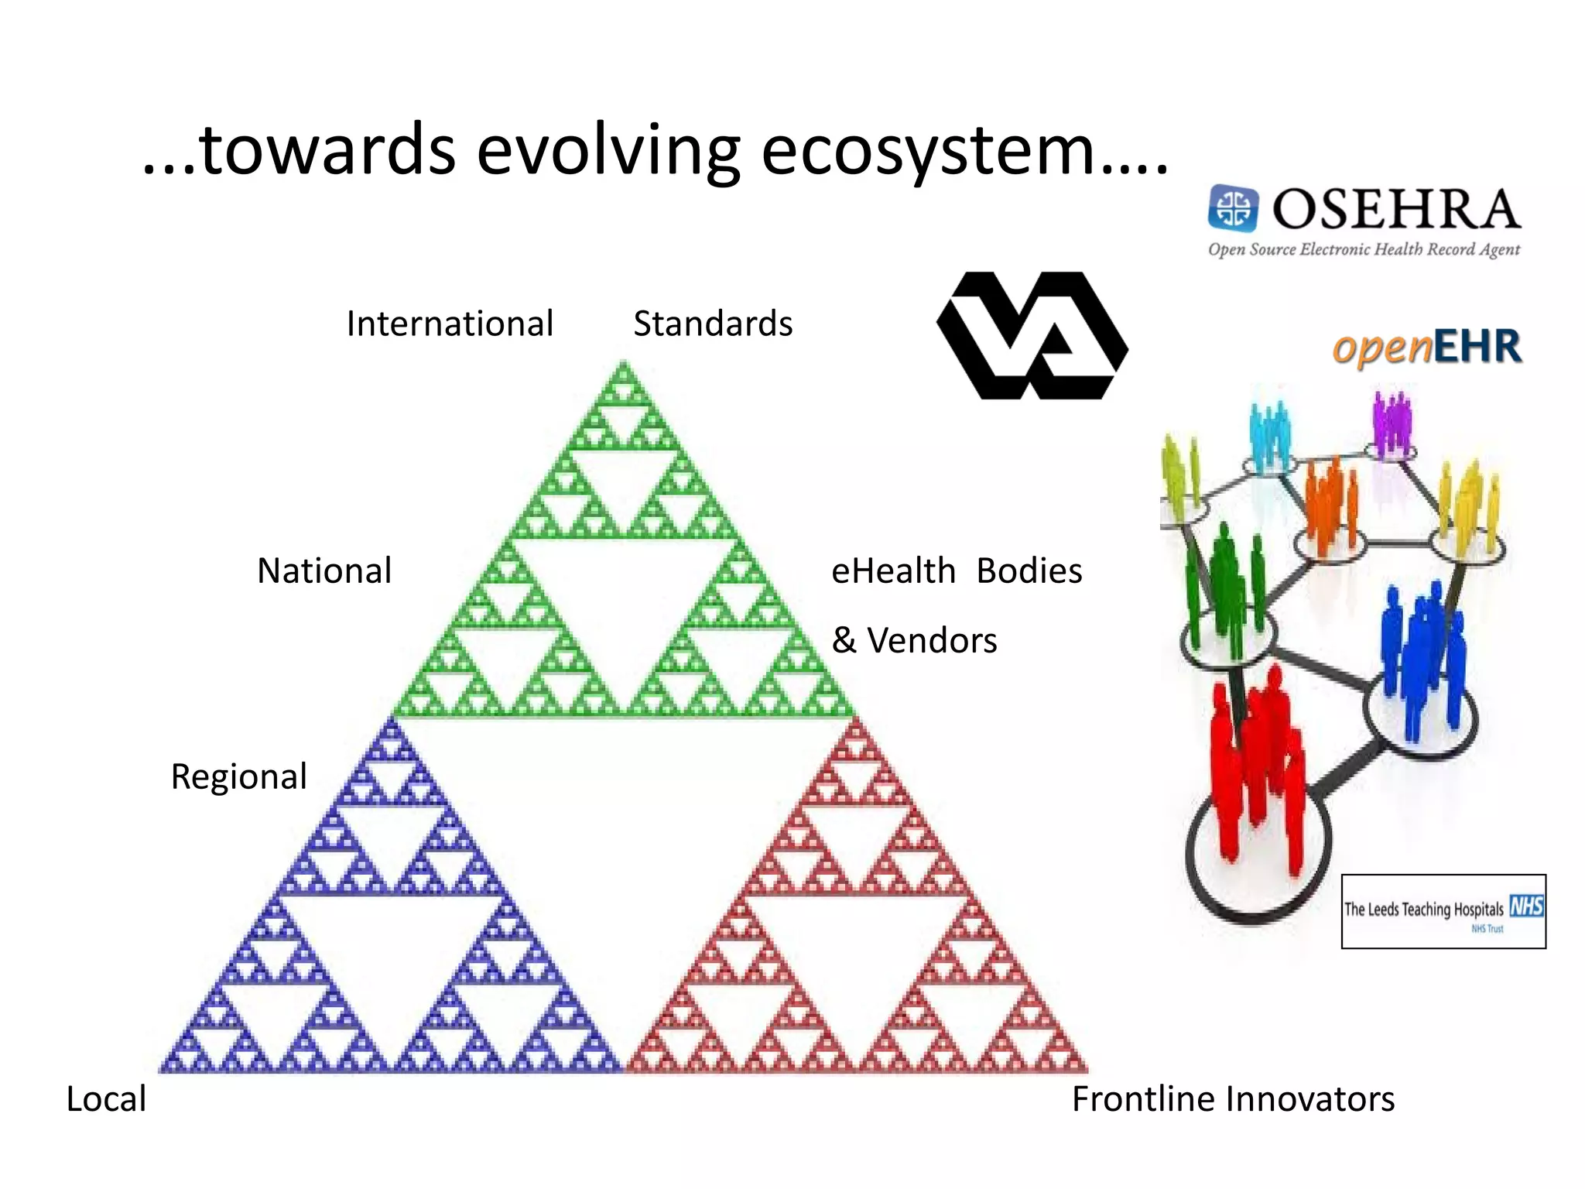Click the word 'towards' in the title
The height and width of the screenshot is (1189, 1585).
tap(327, 150)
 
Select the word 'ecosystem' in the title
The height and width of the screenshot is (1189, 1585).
tap(929, 150)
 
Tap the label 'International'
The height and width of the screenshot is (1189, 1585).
tap(450, 324)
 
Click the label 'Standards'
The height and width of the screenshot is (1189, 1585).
tap(713, 324)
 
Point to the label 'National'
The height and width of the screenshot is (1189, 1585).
tap(324, 571)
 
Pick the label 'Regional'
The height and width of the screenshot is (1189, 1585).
tap(239, 776)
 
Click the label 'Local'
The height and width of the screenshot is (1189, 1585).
tap(106, 1099)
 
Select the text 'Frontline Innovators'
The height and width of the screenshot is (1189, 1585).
tap(1233, 1099)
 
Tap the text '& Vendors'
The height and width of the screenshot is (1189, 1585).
tap(914, 641)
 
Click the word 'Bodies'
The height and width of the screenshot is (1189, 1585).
tap(1029, 571)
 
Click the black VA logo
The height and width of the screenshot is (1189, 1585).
tap(1032, 335)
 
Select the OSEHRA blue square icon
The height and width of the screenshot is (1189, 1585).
tap(1233, 207)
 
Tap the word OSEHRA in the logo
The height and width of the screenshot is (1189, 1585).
tap(1396, 209)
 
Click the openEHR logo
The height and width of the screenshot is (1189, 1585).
tap(1426, 347)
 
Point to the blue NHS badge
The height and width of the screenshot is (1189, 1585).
tap(1526, 906)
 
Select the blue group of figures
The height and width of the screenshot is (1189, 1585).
tap(1420, 658)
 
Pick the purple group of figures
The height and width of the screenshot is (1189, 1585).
tap(1392, 422)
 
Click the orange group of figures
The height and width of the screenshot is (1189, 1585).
tap(1330, 503)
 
